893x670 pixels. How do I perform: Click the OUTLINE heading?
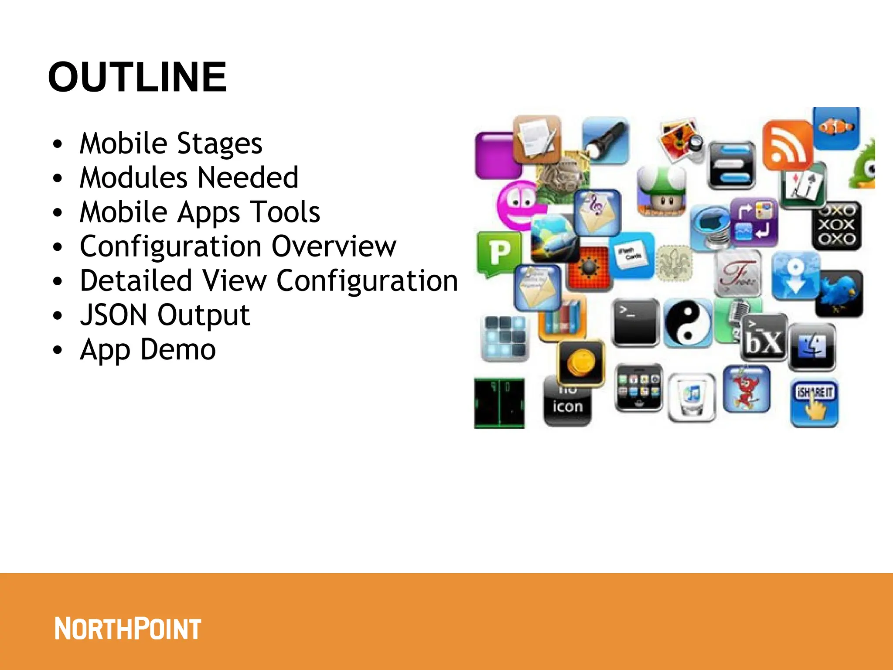point(137,77)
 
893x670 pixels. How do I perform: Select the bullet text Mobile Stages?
point(171,144)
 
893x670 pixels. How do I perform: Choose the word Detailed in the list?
point(136,280)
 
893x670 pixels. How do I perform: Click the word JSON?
point(114,315)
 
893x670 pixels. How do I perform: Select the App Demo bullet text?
point(148,349)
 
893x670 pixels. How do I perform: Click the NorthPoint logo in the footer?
point(128,629)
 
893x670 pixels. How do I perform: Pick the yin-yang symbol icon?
point(688,323)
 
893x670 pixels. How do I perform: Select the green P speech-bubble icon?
point(499,253)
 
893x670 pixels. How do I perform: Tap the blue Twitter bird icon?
point(839,293)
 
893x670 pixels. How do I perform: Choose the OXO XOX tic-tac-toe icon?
point(836,225)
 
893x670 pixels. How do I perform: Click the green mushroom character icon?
point(661,191)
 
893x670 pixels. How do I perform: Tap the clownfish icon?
point(836,127)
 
